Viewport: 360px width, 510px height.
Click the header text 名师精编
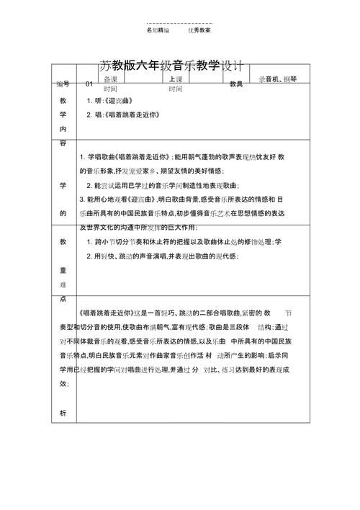click(158, 31)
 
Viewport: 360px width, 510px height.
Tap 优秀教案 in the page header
click(199, 31)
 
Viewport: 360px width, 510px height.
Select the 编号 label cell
click(63, 84)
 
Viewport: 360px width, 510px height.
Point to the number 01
click(89, 84)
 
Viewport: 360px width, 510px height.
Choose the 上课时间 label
click(176, 84)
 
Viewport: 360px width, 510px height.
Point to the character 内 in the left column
click(63, 128)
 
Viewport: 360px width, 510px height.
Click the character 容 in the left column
click(63, 143)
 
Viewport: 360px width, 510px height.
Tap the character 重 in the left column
click(63, 270)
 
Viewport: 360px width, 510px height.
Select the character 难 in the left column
click(63, 285)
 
